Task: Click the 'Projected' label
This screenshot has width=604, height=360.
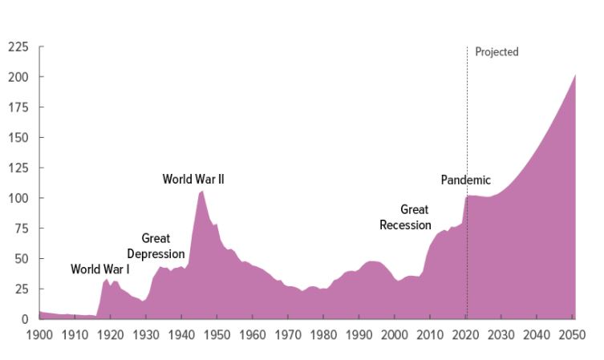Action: point(497,52)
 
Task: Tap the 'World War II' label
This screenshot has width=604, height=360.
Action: point(193,179)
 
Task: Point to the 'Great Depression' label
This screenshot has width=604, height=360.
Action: point(156,246)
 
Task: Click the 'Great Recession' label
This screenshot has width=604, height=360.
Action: point(405,217)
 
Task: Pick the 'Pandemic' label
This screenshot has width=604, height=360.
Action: point(465,180)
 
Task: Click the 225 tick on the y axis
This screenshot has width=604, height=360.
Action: point(18,47)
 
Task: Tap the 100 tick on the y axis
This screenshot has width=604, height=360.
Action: point(18,198)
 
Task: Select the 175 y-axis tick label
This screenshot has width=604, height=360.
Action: point(18,107)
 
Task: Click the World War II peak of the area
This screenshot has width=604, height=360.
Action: point(201,191)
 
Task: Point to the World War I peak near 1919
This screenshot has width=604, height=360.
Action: point(106,279)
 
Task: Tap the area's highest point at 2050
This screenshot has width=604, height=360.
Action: point(575,75)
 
